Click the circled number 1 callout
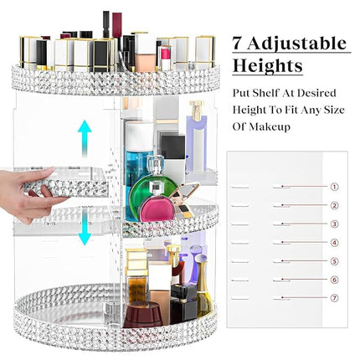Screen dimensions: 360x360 click(x=335, y=188)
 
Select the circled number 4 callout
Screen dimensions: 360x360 click(x=335, y=243)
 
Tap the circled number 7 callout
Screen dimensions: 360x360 click(x=335, y=298)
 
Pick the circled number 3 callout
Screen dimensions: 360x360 click(x=335, y=224)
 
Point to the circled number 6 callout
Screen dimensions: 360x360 click(x=335, y=280)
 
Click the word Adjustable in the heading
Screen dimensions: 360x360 click(x=298, y=42)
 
